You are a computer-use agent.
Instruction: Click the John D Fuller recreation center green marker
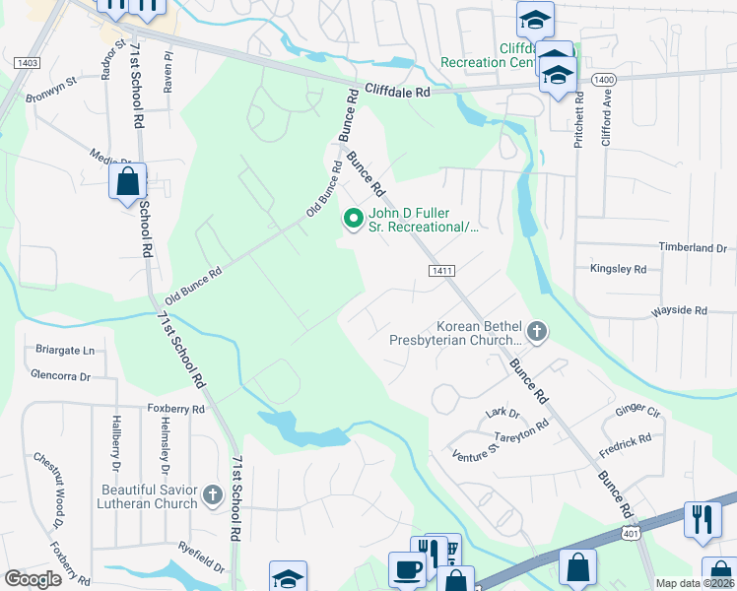(x=351, y=219)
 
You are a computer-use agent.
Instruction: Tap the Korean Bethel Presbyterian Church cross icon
(x=537, y=331)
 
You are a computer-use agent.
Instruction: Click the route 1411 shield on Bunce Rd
(x=440, y=270)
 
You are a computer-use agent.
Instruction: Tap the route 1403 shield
(x=27, y=63)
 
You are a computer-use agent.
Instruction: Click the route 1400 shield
(x=605, y=78)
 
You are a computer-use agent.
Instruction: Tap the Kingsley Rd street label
(x=618, y=268)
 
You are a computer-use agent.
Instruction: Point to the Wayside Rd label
(x=679, y=310)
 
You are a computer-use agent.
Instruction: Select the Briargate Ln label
(x=63, y=350)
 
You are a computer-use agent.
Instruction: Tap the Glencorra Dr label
(x=60, y=375)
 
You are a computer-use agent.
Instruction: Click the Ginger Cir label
(x=638, y=410)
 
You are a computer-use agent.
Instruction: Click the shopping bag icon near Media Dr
(x=128, y=182)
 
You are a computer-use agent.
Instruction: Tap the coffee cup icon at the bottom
(x=407, y=569)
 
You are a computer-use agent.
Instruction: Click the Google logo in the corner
(x=33, y=578)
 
